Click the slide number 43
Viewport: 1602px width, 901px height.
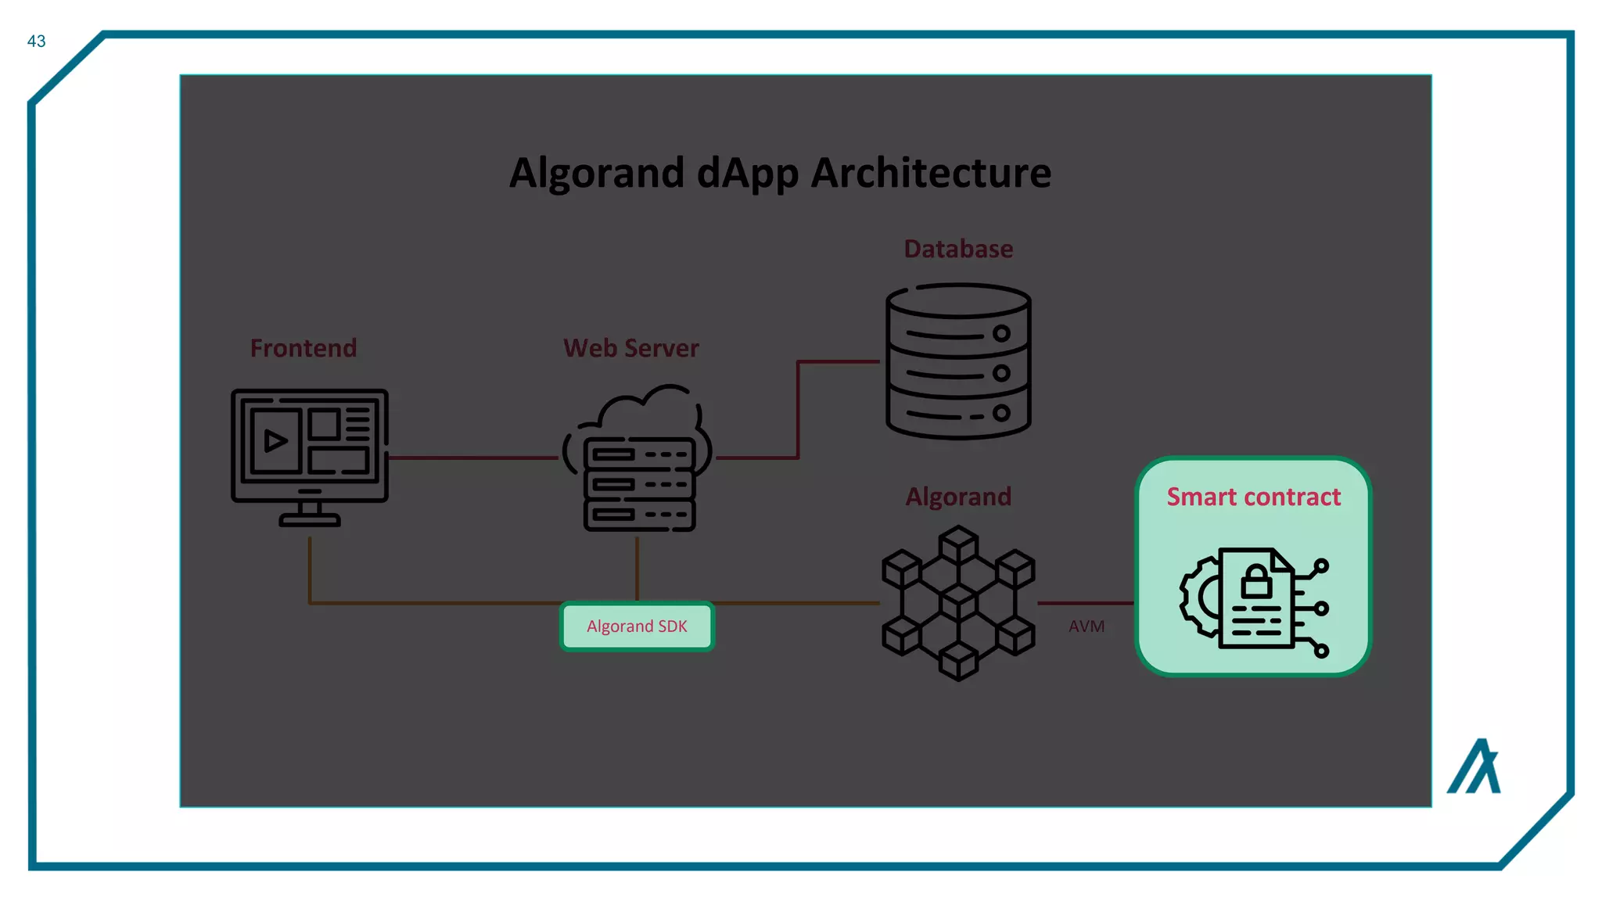36,41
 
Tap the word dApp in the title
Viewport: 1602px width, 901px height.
747,173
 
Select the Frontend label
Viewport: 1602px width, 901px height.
304,348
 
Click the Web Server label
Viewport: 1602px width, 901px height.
631,348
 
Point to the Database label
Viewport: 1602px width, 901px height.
958,249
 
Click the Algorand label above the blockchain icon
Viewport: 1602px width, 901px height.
958,497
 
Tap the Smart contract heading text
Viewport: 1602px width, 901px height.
1253,497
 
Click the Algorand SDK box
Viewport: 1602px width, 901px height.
637,626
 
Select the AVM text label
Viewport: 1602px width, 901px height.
1087,626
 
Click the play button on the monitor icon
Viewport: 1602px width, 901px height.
275,441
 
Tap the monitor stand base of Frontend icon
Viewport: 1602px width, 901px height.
310,519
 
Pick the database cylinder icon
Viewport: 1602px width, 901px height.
958,361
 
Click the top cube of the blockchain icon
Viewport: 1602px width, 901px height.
958,543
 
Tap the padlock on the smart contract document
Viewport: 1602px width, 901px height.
1256,581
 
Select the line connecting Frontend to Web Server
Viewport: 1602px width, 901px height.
473,458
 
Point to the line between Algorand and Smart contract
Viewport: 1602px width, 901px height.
1086,603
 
